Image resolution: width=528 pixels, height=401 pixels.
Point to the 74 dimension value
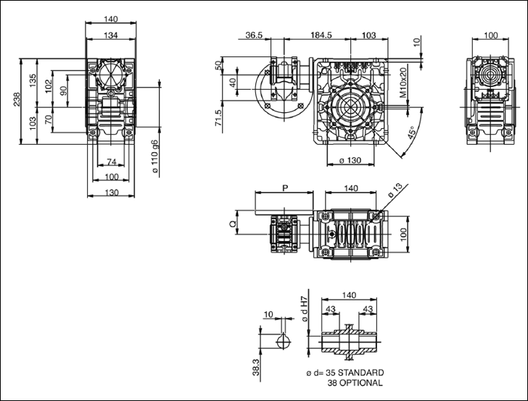click(x=110, y=161)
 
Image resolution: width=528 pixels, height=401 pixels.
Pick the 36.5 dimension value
click(x=254, y=35)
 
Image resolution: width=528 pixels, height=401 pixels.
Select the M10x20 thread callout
click(x=403, y=82)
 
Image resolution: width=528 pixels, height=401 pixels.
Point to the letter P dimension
click(x=284, y=187)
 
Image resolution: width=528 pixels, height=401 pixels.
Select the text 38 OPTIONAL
click(x=355, y=382)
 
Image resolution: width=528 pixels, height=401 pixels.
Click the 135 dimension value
click(x=33, y=80)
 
